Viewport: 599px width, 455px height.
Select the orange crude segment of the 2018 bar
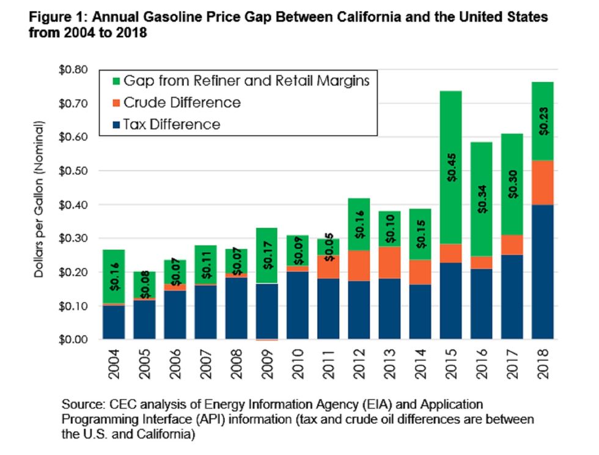[546, 182]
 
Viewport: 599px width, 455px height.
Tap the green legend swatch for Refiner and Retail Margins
[111, 80]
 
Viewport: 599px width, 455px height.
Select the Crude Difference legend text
[182, 102]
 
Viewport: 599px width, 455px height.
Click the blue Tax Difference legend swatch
[111, 125]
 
